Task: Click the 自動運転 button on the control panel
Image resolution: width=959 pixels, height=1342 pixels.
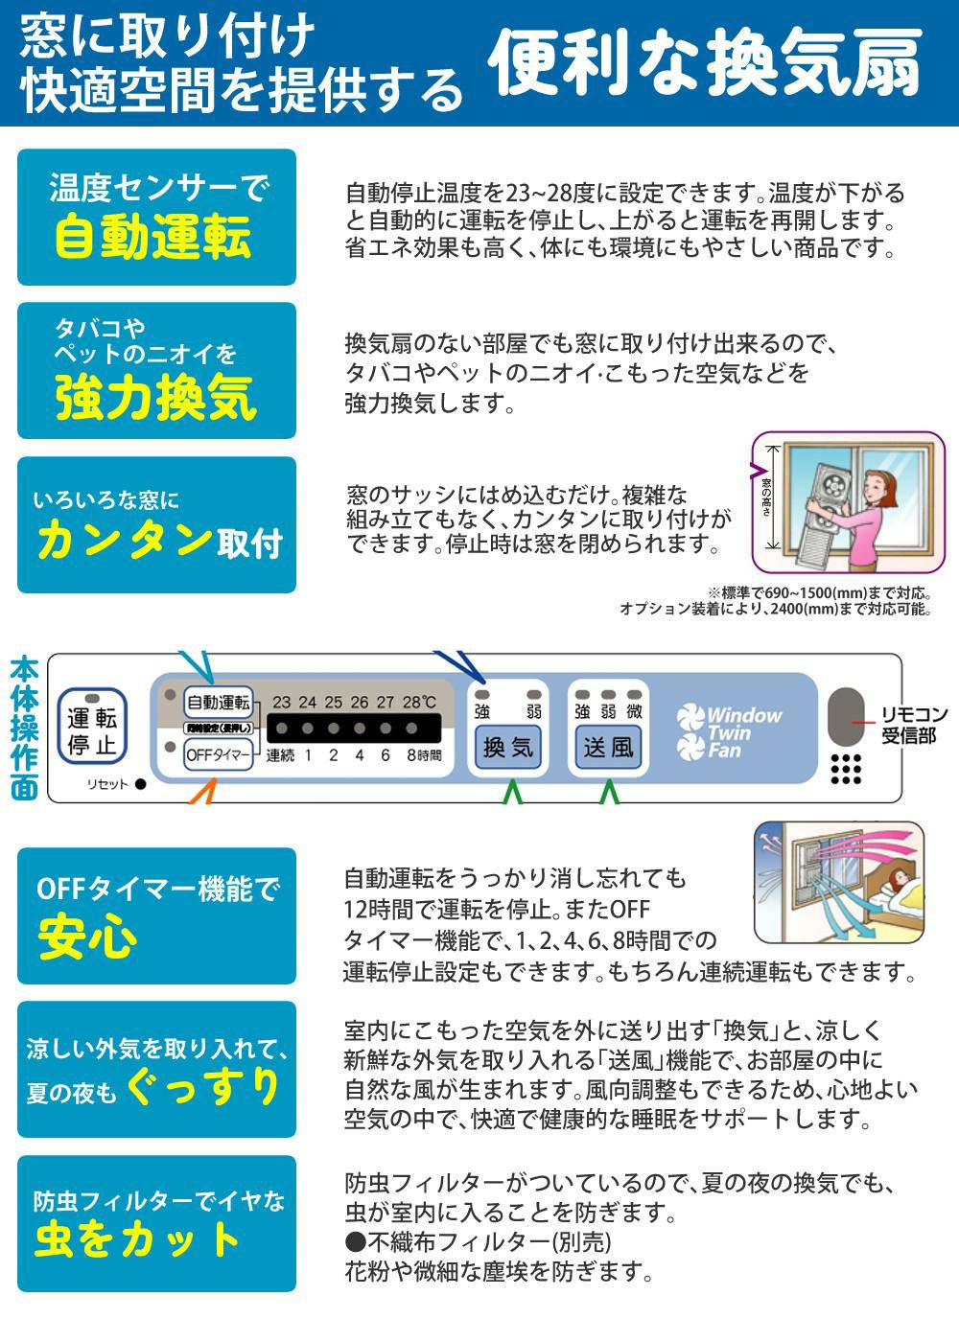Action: (218, 703)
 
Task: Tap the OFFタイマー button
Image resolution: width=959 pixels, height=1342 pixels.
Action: (219, 754)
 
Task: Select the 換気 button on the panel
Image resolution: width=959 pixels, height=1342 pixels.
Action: (508, 747)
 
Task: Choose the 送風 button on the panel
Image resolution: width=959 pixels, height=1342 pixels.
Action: (609, 747)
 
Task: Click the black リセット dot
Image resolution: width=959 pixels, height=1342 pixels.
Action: (140, 784)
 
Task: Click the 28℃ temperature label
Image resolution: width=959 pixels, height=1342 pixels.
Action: (418, 703)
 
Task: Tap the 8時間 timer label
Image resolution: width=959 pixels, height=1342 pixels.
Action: (423, 754)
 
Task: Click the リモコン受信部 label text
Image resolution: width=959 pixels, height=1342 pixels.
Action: (914, 726)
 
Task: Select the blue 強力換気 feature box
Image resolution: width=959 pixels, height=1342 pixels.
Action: (156, 371)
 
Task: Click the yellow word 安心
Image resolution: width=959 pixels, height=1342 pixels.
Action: (87, 937)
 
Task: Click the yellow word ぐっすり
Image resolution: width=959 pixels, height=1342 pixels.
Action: (203, 1085)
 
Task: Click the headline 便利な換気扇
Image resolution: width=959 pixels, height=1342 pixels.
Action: (705, 65)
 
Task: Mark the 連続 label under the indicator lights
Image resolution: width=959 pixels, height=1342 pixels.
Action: (280, 754)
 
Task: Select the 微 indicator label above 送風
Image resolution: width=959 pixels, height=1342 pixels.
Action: (634, 712)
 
